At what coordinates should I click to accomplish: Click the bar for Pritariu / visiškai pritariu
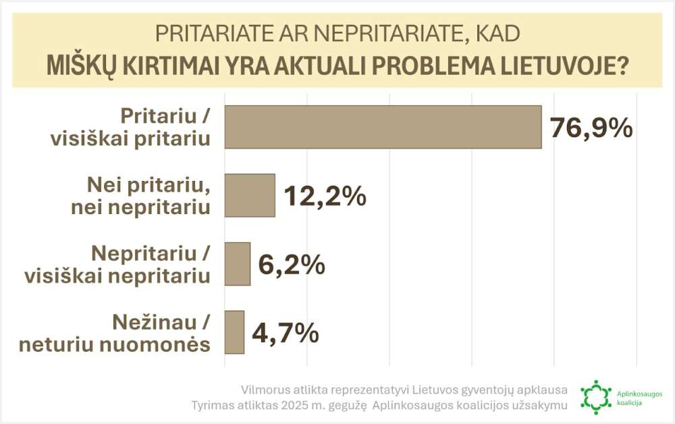pyautogui.click(x=383, y=126)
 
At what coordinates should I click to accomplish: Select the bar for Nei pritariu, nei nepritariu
pyautogui.click(x=250, y=195)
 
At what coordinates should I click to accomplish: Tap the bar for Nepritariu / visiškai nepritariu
pyautogui.click(x=237, y=264)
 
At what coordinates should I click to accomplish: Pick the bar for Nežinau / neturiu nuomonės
pyautogui.click(x=234, y=332)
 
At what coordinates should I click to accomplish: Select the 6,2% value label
pyautogui.click(x=292, y=265)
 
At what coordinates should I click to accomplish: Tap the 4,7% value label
pyautogui.click(x=285, y=333)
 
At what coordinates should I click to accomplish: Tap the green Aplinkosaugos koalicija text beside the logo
pyautogui.click(x=639, y=397)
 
